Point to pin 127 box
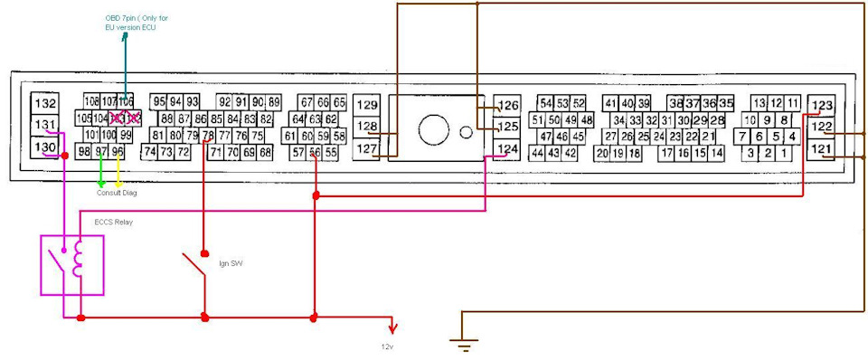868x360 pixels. coord(366,148)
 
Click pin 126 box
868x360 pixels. coord(509,105)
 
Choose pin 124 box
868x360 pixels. coord(509,148)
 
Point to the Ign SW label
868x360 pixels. coord(231,263)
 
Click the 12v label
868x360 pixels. coord(387,346)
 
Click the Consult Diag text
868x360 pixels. coord(117,193)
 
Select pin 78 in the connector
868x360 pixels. coord(209,136)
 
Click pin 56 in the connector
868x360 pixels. coord(315,153)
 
